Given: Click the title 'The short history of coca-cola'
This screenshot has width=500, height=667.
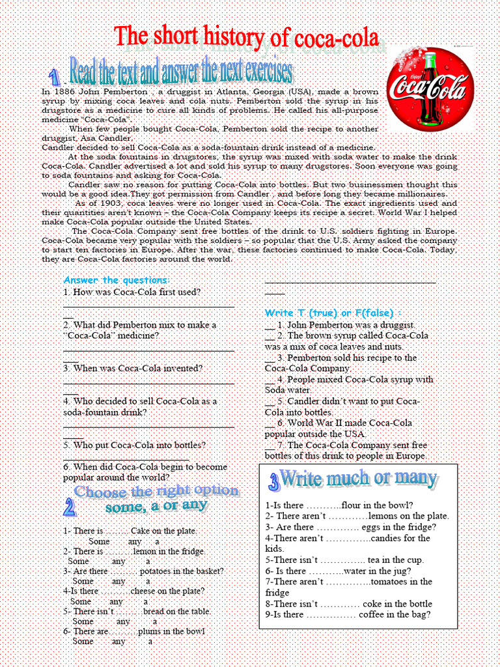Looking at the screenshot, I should [x=246, y=37].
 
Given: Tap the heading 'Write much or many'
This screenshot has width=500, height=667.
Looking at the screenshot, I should [x=357, y=479].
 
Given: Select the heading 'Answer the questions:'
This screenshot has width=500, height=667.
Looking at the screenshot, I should [x=117, y=280].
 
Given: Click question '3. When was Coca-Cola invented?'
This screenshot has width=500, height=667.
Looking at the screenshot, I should [x=133, y=369].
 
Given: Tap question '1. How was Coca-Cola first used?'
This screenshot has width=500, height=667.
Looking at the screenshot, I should [x=132, y=292].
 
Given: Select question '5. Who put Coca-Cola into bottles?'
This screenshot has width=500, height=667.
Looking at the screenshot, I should [x=135, y=446].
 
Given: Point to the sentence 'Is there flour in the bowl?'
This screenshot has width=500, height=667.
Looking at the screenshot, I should [x=339, y=505].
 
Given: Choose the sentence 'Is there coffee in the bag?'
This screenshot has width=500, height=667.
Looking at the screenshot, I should [x=348, y=614].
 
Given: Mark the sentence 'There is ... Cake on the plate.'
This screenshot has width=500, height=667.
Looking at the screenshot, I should [x=130, y=532].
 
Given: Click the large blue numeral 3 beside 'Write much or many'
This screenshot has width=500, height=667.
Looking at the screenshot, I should [x=273, y=483].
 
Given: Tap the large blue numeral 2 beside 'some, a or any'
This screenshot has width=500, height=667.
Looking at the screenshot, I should [x=70, y=507].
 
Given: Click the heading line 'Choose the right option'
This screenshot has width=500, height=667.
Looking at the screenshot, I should [x=156, y=491].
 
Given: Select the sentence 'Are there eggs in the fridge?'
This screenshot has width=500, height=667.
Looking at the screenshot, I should [x=350, y=527].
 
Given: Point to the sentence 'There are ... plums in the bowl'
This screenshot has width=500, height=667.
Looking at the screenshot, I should [x=133, y=632].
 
